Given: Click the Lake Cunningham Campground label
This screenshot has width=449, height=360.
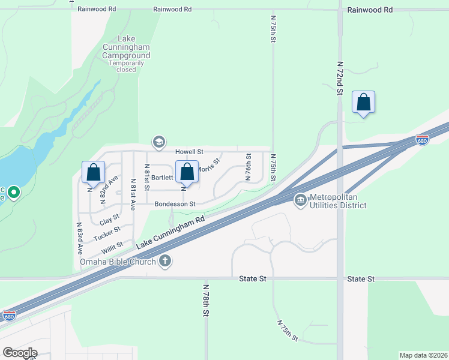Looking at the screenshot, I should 126,47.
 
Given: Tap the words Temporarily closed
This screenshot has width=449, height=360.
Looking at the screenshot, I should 126,65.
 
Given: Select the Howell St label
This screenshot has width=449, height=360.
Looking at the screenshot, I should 190,152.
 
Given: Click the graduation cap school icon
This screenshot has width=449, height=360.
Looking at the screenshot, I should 158,142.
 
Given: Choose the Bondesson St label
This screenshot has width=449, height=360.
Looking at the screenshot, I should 175,204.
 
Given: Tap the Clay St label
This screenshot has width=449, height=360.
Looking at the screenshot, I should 110,219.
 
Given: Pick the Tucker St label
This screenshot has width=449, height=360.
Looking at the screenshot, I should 107,233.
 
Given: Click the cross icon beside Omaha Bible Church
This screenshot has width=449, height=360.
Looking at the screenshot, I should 165,261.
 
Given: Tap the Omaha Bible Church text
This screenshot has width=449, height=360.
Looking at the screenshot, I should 118,261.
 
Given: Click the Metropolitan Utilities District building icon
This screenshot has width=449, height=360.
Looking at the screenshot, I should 300,200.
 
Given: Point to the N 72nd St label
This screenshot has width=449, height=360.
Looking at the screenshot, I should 339,77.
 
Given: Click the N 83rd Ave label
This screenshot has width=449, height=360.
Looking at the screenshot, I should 79,239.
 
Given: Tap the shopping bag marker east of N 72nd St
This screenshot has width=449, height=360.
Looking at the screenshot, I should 363,103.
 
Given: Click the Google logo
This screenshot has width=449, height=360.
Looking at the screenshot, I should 20,353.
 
